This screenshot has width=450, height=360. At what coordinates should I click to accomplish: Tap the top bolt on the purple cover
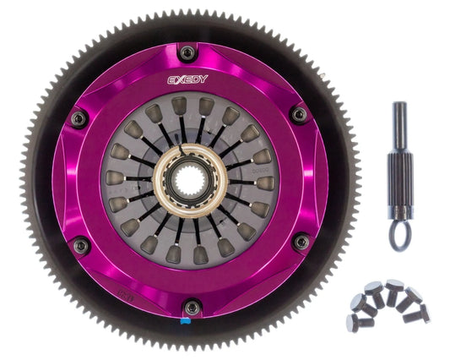[187, 53]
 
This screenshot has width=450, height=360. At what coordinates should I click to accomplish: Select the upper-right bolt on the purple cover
[297, 114]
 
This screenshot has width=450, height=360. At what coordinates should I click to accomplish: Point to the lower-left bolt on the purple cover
[81, 246]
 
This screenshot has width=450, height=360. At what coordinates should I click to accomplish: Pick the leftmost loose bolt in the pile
[353, 320]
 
